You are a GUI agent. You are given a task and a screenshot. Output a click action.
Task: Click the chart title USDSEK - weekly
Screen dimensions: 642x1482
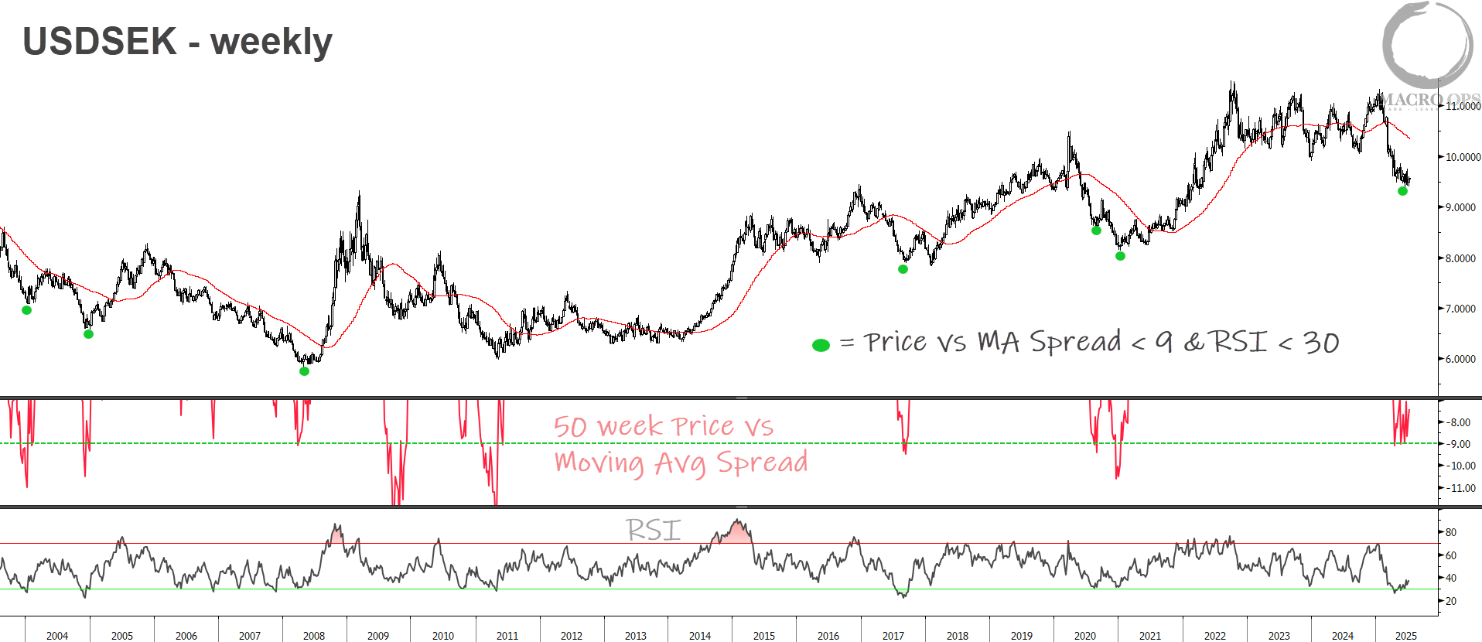click(x=177, y=42)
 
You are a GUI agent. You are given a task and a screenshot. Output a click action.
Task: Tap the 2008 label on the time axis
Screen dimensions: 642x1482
click(x=314, y=636)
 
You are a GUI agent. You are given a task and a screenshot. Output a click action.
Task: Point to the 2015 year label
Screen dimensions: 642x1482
click(x=763, y=636)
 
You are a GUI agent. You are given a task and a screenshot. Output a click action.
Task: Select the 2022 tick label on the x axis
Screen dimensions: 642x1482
click(x=1214, y=636)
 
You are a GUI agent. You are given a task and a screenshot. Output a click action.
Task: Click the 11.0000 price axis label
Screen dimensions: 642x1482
click(x=1463, y=107)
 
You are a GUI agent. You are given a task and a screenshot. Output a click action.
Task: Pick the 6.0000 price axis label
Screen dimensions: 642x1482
click(x=1460, y=360)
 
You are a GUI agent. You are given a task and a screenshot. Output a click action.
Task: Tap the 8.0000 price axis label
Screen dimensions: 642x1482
click(x=1460, y=258)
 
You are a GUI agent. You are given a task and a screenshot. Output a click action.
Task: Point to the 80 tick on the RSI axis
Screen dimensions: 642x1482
click(x=1450, y=533)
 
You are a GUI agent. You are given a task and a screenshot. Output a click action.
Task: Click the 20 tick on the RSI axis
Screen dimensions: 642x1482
click(x=1450, y=601)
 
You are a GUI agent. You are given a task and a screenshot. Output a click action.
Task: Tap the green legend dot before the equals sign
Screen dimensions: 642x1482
click(x=821, y=345)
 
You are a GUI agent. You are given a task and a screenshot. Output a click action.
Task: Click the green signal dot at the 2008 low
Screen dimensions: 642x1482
click(x=304, y=371)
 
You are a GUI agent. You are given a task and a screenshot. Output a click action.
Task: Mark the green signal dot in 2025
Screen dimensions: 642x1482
click(x=1402, y=191)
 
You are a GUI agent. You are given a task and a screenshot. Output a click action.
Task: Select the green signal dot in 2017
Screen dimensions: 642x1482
click(x=903, y=269)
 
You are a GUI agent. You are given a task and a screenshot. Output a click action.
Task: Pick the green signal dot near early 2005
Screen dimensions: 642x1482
click(x=88, y=334)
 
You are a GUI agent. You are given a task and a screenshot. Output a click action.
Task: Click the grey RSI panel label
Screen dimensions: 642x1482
click(x=654, y=531)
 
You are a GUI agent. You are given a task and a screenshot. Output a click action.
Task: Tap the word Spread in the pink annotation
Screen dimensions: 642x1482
click(x=762, y=463)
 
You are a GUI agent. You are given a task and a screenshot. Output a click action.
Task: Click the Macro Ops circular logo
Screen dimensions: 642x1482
click(x=1427, y=45)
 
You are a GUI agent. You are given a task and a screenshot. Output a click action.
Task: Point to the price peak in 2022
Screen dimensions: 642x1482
click(x=1232, y=84)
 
